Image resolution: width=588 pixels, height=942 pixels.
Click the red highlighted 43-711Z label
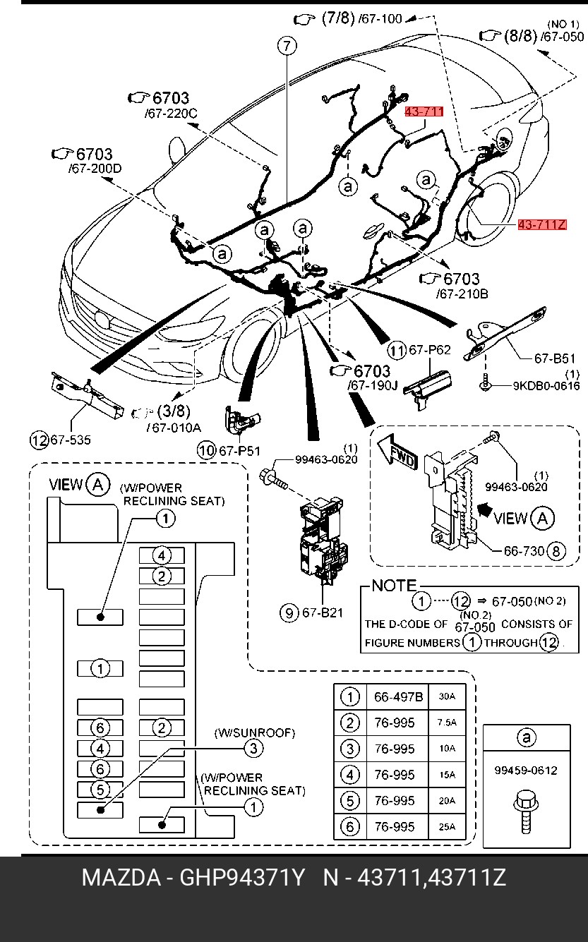pyautogui.click(x=542, y=225)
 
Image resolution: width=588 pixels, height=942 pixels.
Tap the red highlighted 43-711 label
pyautogui.click(x=424, y=111)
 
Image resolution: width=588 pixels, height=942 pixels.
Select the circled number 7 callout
pyautogui.click(x=286, y=47)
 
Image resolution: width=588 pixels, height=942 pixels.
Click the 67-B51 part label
pyautogui.click(x=555, y=358)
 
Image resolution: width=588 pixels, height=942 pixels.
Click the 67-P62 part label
pyautogui.click(x=429, y=350)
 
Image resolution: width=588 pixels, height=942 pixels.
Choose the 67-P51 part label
pyautogui.click(x=239, y=450)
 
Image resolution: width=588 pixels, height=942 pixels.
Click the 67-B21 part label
pyautogui.click(x=322, y=612)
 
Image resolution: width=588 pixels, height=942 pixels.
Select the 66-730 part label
pyautogui.click(x=524, y=551)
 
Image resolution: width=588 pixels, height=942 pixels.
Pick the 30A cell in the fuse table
pyautogui.click(x=447, y=696)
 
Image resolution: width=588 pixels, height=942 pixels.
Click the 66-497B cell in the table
pyautogui.click(x=398, y=697)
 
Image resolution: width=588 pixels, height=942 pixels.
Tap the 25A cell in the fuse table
pyautogui.click(x=447, y=827)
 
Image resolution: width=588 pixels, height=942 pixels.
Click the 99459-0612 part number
pyautogui.click(x=526, y=770)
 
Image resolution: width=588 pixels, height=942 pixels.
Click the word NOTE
pyautogui.click(x=394, y=586)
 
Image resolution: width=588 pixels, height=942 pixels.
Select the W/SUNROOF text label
pyautogui.click(x=254, y=733)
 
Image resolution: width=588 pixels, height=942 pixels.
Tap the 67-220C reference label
pyautogui.click(x=171, y=113)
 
